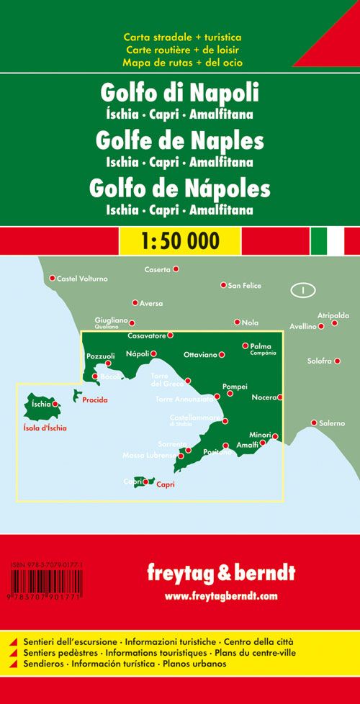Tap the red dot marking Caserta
coord(176,269)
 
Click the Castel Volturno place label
coord(82,278)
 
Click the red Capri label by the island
coord(166,484)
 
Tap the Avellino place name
coord(303,326)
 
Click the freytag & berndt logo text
coord(220,574)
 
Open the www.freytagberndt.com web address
coord(220,596)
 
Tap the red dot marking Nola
coord(237,322)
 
